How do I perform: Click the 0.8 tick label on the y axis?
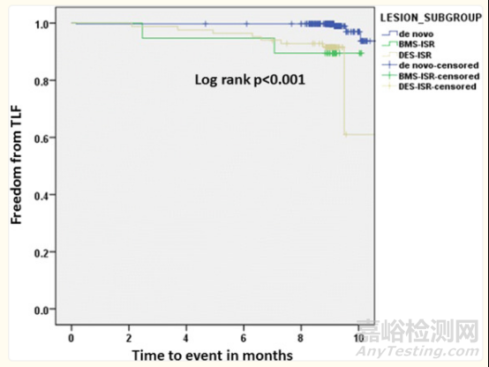41,81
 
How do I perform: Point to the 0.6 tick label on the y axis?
41,139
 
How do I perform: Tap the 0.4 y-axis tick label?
41,196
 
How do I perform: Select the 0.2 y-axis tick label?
41,252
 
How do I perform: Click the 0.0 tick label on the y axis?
41,310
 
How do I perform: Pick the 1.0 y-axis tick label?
41,24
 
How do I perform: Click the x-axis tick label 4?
186,338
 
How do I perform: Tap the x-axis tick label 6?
244,338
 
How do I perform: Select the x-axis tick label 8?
301,338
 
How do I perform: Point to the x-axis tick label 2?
129,338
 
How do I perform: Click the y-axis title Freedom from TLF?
16,165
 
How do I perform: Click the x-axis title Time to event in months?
213,356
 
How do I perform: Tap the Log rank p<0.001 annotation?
250,79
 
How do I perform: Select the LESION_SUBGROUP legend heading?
431,18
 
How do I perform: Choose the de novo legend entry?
416,34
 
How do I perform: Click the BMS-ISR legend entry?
417,44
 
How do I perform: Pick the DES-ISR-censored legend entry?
437,86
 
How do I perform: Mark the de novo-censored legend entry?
439,65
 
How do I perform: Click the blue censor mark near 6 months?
246,24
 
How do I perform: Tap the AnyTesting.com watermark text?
418,351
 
